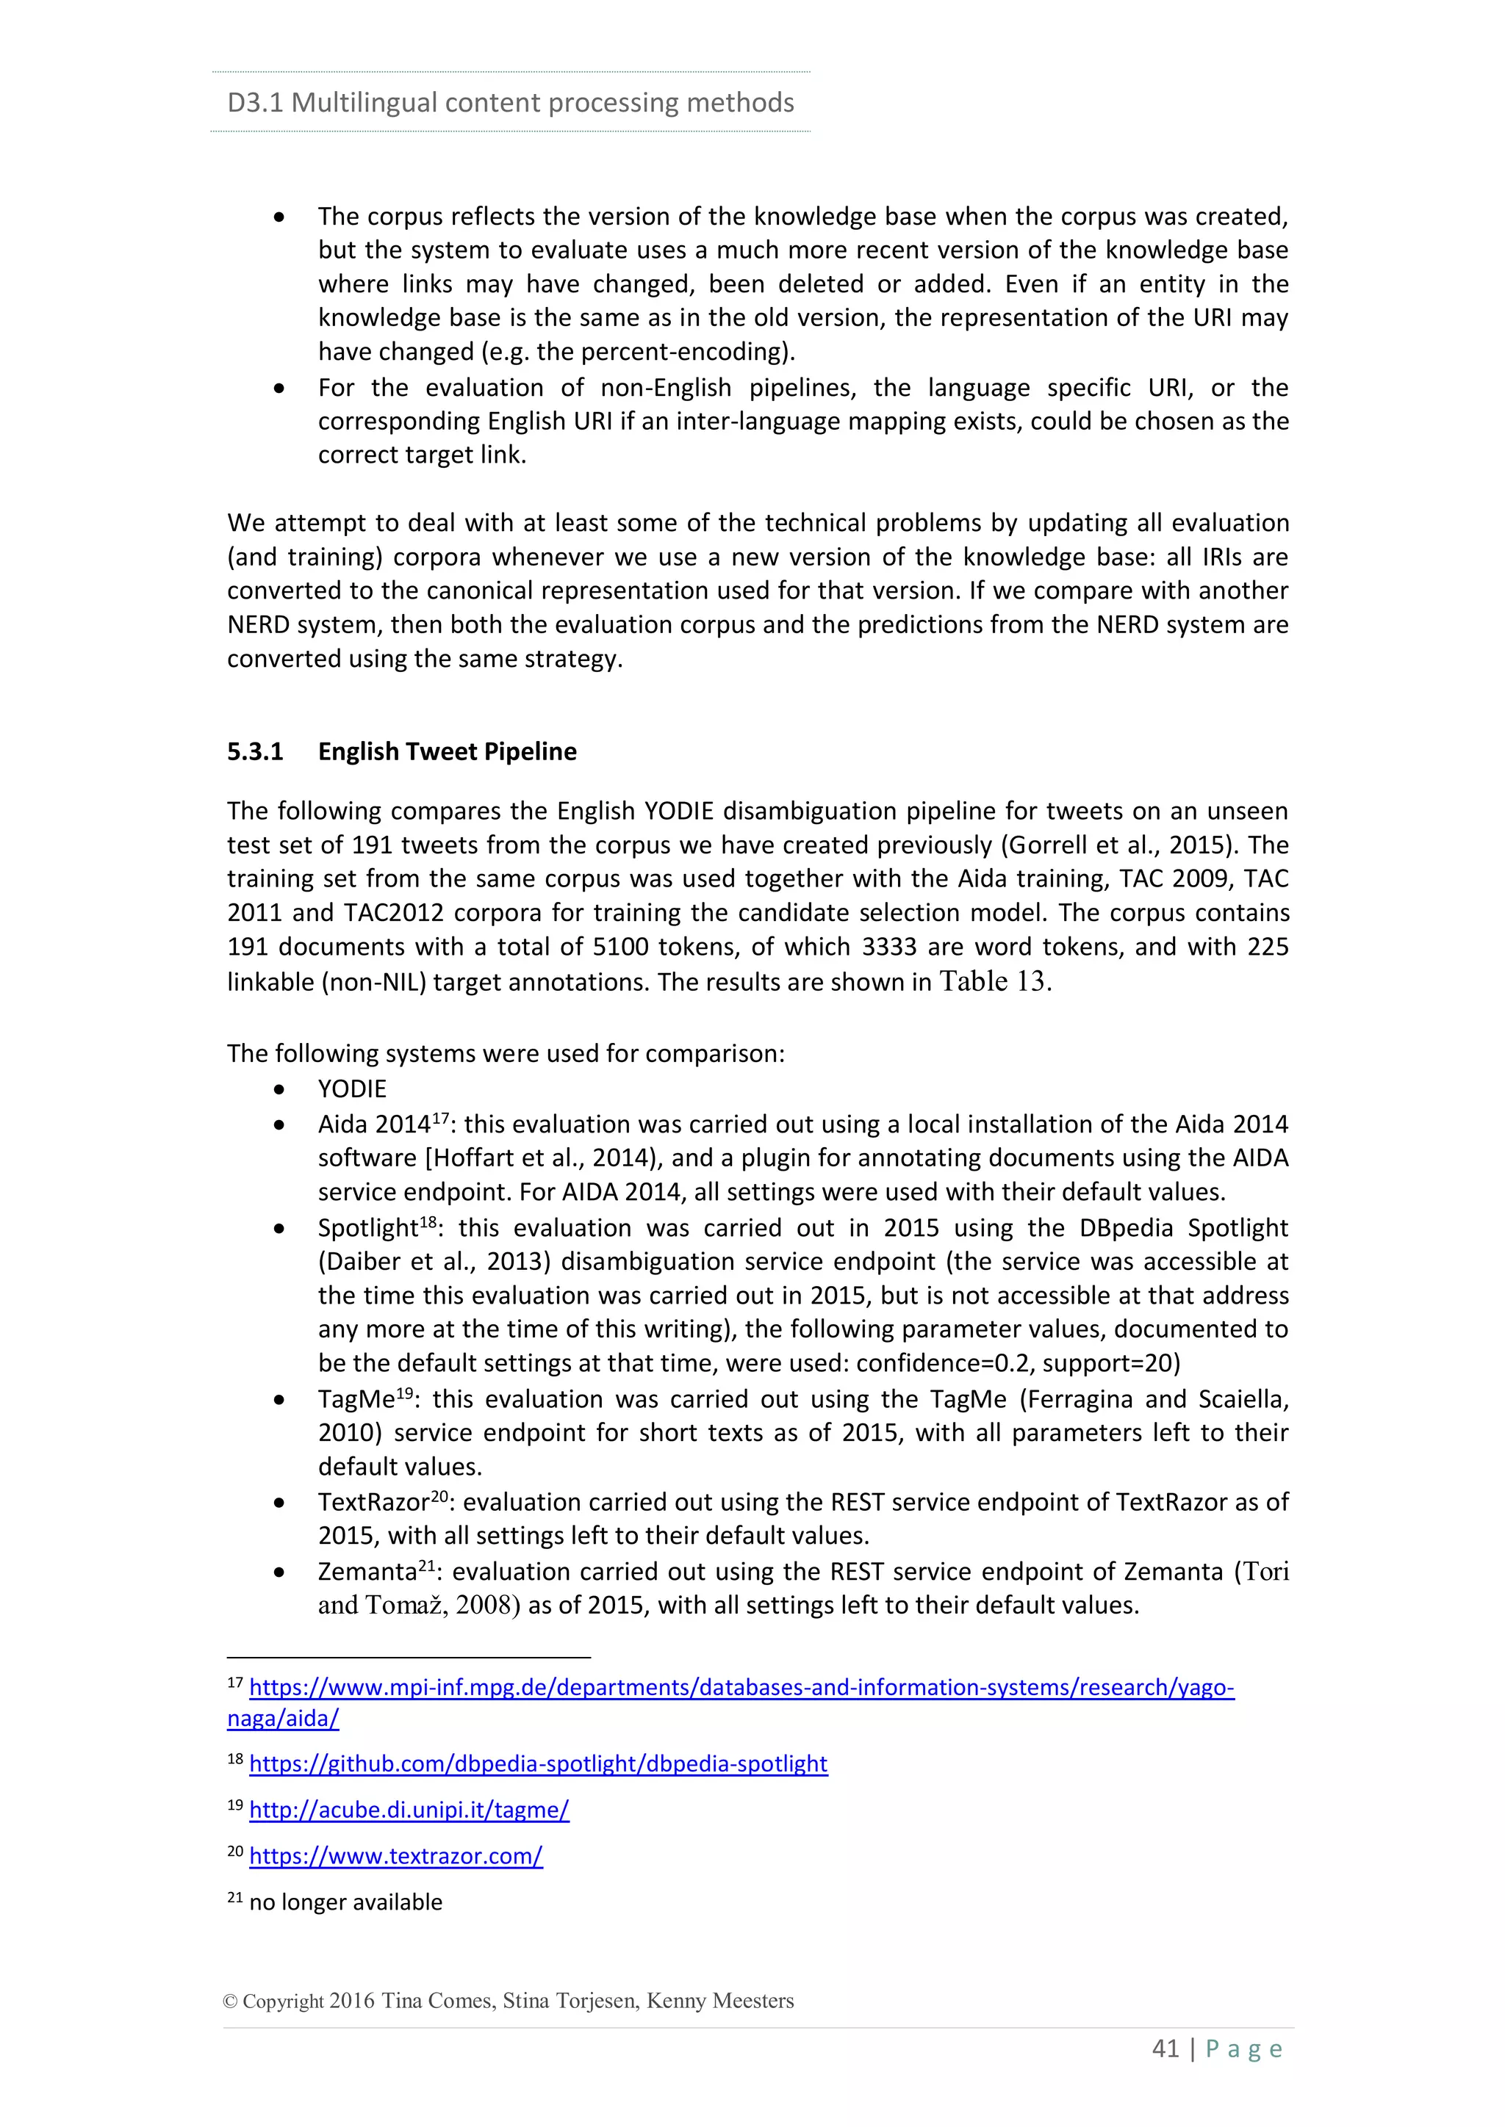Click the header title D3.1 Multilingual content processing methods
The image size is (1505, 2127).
click(510, 102)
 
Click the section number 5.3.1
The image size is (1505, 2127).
click(255, 751)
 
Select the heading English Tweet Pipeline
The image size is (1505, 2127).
click(447, 751)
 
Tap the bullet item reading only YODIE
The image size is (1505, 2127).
click(352, 1088)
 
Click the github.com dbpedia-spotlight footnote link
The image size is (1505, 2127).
click(537, 1764)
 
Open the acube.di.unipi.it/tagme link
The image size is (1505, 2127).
click(409, 1810)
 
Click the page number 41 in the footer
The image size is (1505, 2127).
click(1165, 2048)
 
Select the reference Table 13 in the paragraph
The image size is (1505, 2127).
click(994, 981)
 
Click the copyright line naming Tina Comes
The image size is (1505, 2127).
click(508, 2000)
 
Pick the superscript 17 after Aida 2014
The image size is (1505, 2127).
click(440, 1118)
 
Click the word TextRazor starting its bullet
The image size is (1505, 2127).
click(373, 1502)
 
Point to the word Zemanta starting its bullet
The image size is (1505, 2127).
click(367, 1572)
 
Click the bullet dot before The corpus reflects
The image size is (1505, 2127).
click(279, 217)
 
